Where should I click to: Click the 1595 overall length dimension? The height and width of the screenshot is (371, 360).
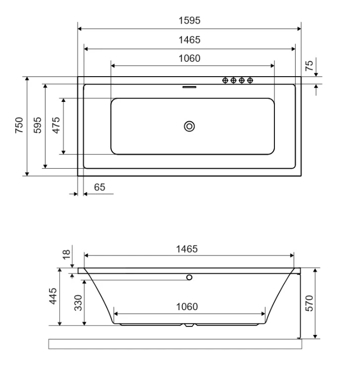189,20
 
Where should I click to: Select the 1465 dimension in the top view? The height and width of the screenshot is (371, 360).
189,40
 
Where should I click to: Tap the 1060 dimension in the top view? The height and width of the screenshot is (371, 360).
189,58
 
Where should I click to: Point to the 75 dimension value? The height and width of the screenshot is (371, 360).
309,65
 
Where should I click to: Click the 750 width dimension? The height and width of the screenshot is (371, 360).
19,125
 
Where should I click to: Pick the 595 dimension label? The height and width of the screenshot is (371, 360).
38,125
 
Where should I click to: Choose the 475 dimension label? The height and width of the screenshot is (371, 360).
56,125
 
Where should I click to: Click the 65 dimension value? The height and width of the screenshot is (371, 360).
99,187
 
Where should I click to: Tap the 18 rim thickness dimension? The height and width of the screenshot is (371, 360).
66,254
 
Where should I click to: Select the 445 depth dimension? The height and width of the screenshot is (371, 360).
53,296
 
